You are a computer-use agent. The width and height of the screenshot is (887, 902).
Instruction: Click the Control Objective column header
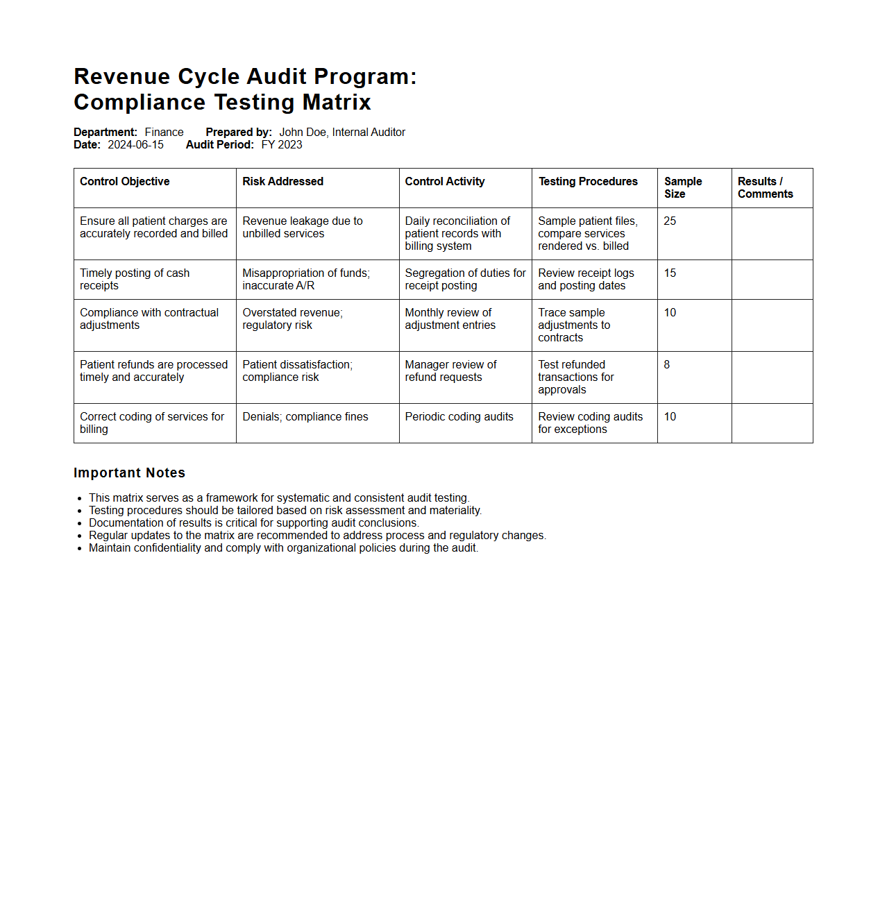(125, 182)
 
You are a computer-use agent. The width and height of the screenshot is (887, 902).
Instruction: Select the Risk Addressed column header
(282, 182)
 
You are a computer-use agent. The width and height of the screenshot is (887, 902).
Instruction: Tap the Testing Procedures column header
(588, 182)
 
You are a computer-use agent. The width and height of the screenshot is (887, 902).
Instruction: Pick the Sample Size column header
(683, 187)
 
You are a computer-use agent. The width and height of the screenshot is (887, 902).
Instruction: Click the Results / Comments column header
(765, 187)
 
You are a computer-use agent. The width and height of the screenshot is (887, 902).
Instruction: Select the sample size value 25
(670, 221)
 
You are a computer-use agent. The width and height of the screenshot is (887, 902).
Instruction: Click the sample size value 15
(670, 273)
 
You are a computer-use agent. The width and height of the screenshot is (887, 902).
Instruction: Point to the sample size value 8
(667, 365)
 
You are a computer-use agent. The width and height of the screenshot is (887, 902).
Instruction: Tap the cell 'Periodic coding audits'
(459, 417)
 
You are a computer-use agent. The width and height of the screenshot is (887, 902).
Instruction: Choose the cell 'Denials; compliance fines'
(305, 417)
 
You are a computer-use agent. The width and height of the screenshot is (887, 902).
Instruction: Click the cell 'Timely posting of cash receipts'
(135, 280)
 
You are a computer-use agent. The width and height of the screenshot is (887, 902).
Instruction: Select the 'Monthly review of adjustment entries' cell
(450, 319)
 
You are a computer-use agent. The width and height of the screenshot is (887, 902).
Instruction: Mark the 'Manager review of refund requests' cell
(450, 371)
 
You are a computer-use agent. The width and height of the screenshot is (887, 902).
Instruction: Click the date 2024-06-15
(135, 145)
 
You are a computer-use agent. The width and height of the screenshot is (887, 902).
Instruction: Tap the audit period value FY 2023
(282, 145)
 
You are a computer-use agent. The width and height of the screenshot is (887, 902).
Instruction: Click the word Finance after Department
(164, 133)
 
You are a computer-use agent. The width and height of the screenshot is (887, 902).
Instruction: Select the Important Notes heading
(129, 473)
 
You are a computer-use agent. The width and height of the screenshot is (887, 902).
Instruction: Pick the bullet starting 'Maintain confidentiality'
(283, 548)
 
